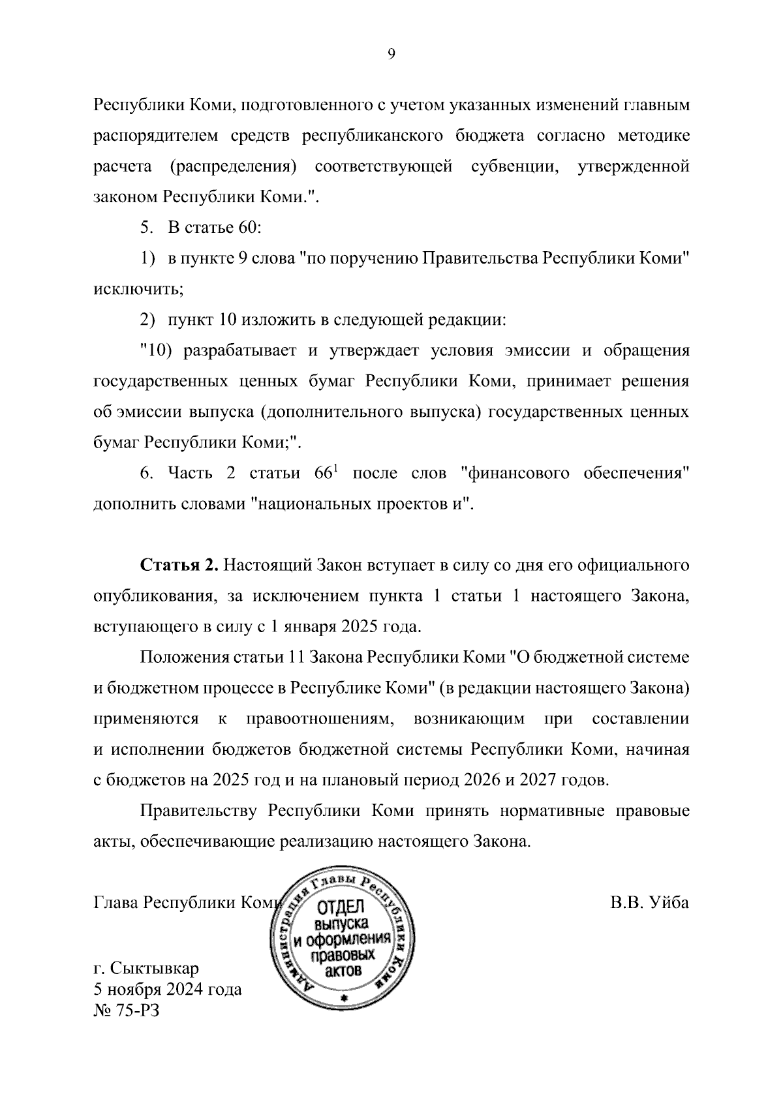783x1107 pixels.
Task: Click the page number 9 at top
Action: point(391,55)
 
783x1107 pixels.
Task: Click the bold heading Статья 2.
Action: point(179,565)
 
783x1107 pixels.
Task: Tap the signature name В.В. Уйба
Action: point(649,903)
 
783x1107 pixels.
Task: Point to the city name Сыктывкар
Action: point(155,967)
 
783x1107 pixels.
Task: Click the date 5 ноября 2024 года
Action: point(168,990)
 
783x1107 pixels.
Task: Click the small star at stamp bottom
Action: point(343,998)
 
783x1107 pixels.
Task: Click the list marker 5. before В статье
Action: point(146,228)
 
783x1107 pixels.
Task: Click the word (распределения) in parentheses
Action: point(233,166)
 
